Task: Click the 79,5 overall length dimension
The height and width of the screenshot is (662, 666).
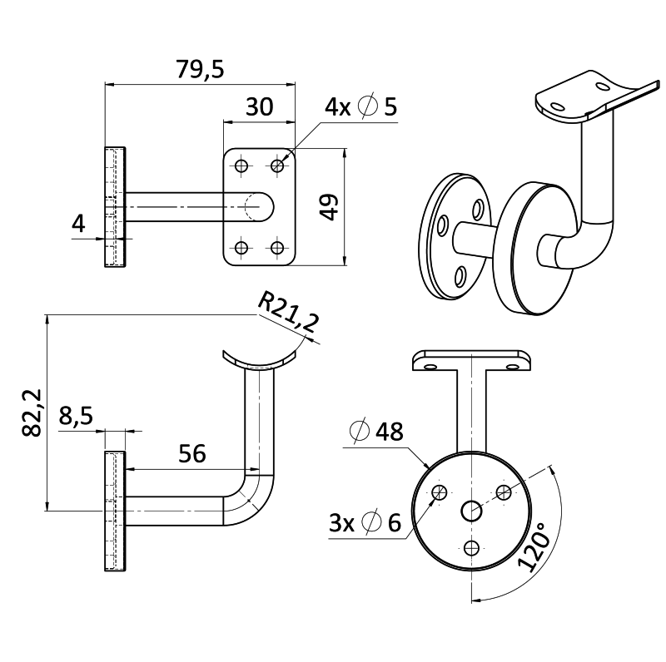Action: (x=201, y=70)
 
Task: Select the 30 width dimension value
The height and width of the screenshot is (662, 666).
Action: (x=259, y=107)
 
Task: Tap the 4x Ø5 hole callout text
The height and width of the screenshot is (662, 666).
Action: (x=360, y=106)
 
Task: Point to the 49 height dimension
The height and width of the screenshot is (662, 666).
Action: (x=329, y=207)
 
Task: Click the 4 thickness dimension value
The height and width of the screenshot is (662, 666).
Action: (x=78, y=223)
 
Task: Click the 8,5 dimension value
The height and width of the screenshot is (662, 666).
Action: (x=76, y=417)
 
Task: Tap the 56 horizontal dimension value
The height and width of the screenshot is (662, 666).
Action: (x=192, y=453)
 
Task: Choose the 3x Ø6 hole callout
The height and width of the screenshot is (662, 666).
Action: (x=365, y=523)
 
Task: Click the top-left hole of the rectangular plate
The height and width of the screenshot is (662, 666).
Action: (x=241, y=165)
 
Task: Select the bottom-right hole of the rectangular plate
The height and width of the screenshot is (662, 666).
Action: (x=277, y=247)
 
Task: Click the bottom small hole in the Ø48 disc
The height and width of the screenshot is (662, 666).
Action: (x=472, y=547)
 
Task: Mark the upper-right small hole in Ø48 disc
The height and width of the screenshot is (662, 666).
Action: (x=503, y=492)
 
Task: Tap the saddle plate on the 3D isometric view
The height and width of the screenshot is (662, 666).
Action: (x=593, y=94)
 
